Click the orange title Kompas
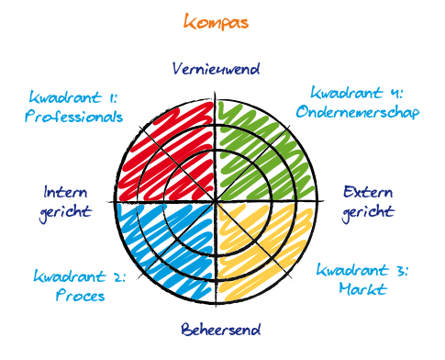[x=216, y=21]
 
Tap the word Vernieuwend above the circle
[x=217, y=69]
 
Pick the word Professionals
[x=73, y=117]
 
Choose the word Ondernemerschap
[x=358, y=112]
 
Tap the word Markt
[x=362, y=290]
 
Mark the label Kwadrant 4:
[x=357, y=92]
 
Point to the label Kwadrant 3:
[x=362, y=271]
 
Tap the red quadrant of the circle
[x=169, y=152]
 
